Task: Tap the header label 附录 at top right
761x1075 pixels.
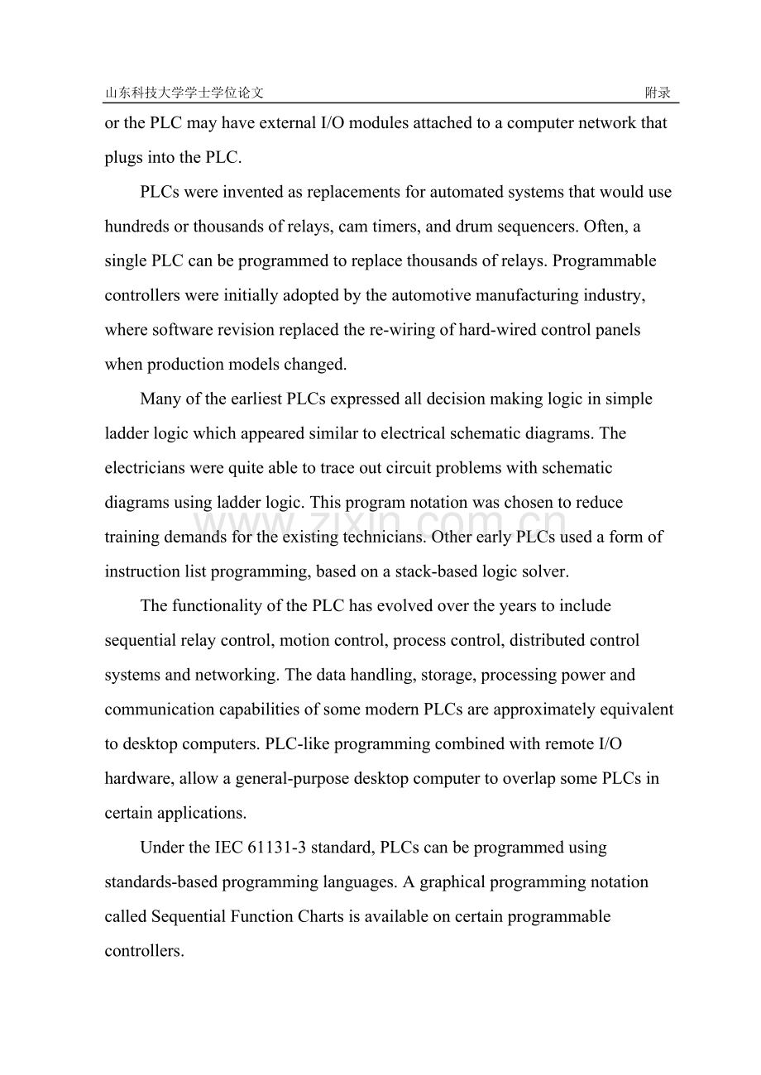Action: [658, 93]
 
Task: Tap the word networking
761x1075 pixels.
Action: [237, 675]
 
